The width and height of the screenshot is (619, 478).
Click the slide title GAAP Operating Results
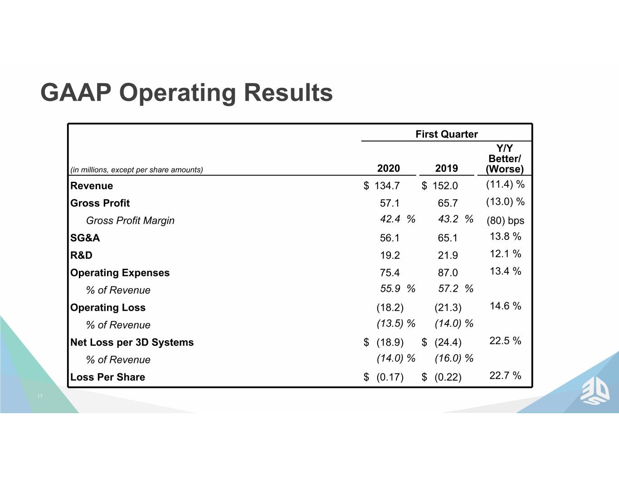[186, 93]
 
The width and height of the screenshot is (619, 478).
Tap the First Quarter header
[446, 134]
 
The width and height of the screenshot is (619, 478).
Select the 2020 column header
[388, 168]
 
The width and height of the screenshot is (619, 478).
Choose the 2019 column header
[446, 168]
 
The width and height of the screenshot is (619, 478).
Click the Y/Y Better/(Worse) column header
[504, 159]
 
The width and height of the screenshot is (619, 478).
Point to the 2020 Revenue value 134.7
[387, 186]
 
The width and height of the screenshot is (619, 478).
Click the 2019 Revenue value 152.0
[445, 186]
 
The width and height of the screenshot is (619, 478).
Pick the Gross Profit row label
[100, 203]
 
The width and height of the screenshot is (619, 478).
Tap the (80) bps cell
[505, 221]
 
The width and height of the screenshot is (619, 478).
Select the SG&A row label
[85, 238]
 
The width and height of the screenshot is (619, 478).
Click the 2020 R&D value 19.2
[390, 255]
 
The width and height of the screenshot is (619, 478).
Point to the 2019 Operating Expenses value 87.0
[448, 273]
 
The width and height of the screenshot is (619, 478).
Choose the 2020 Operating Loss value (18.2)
[390, 308]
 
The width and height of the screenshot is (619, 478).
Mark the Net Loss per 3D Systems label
[132, 342]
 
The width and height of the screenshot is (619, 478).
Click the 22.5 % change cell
[505, 341]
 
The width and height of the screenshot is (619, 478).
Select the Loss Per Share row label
[107, 377]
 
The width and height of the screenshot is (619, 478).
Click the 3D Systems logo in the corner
[595, 393]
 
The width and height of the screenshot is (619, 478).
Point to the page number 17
[40, 396]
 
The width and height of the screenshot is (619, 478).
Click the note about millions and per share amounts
[137, 170]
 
